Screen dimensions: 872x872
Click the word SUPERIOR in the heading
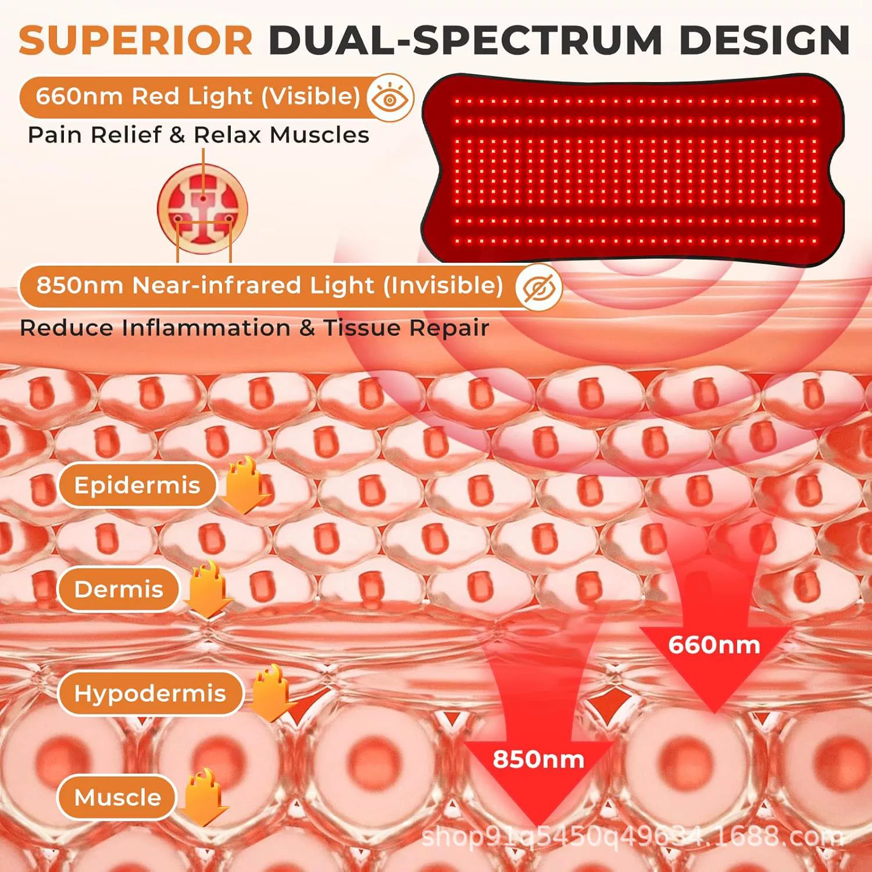point(135,40)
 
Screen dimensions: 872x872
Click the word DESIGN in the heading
point(765,40)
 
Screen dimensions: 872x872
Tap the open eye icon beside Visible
point(390,98)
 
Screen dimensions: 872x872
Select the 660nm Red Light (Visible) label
point(198,97)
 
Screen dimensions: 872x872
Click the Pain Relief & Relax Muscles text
point(198,135)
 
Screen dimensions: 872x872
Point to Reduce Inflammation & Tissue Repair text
point(254,328)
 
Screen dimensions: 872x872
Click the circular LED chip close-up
point(202,208)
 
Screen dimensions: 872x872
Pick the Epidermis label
point(137,485)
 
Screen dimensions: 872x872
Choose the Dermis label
point(119,589)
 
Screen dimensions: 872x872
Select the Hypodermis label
point(150,693)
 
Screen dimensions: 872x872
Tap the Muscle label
point(117,797)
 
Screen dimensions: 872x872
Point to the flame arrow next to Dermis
point(208,589)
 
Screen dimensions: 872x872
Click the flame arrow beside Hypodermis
point(271,693)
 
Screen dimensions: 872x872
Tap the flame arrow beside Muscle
point(204,796)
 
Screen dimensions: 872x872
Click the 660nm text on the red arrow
point(714,645)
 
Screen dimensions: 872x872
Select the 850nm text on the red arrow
point(538,759)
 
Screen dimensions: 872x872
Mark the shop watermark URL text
point(632,837)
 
